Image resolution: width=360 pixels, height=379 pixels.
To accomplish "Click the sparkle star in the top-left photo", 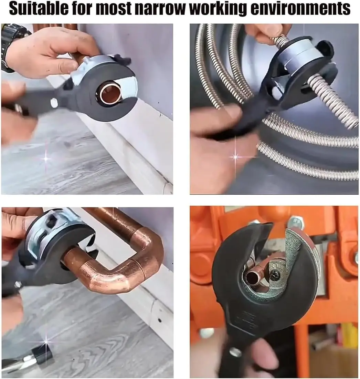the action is [46, 158].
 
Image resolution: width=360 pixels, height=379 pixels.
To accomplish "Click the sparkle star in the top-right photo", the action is [235, 157].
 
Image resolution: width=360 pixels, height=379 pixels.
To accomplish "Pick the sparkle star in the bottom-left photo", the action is [46, 341].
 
